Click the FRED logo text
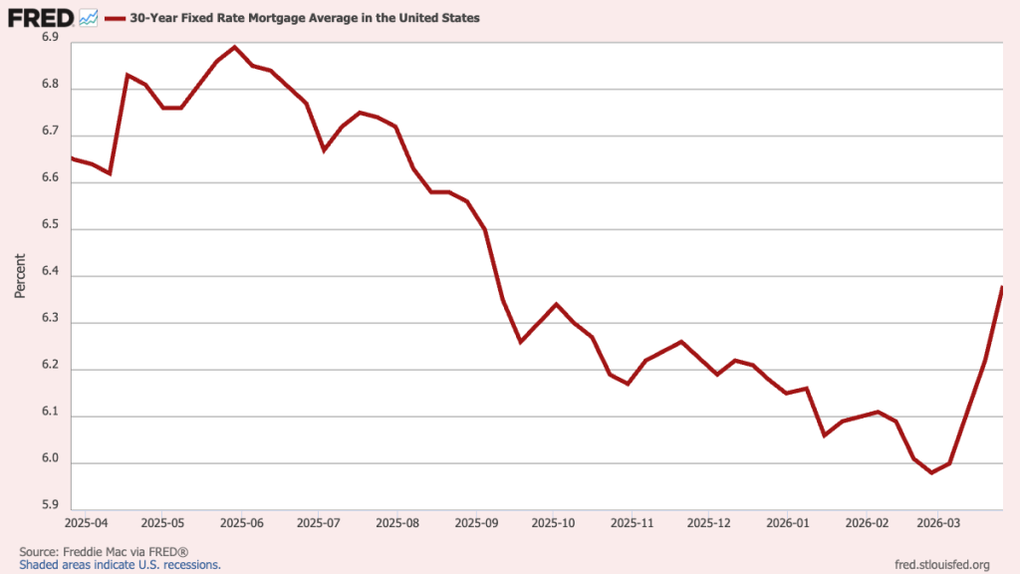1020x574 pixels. [41, 17]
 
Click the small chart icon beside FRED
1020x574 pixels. [88, 17]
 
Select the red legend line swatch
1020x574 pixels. [115, 18]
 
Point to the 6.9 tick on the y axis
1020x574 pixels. [51, 37]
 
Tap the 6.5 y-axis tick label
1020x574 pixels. [51, 228]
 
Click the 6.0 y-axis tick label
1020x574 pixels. [51, 461]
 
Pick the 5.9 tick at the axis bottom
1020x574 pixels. [51, 504]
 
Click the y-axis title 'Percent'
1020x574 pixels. [20, 275]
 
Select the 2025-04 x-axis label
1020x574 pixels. [86, 522]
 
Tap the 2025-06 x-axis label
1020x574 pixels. [240, 522]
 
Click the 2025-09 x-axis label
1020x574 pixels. [475, 522]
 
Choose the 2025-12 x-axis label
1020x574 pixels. [709, 522]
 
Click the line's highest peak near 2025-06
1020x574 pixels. [235, 47]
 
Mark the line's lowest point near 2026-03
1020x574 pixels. [931, 472]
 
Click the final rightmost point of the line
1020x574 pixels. [1001, 288]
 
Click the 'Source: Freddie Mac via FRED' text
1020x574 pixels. [104, 551]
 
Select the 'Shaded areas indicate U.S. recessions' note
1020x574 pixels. [120, 564]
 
